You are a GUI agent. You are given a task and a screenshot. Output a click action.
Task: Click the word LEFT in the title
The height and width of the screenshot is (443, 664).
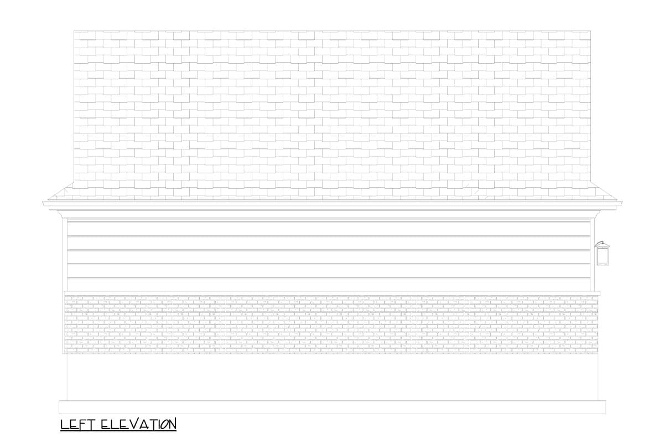(78, 424)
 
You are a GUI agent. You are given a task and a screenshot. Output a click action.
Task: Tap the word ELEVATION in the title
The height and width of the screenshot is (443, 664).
(139, 424)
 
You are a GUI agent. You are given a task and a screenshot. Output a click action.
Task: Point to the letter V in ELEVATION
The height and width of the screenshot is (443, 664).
(135, 424)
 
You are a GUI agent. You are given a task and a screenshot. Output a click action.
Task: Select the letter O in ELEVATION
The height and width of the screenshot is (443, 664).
(164, 424)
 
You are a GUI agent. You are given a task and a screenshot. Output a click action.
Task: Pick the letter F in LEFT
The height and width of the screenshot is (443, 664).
(82, 424)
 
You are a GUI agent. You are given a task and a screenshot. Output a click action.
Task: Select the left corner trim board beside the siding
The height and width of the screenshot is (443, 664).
(65, 255)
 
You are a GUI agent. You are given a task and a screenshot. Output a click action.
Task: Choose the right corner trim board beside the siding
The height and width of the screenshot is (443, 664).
(593, 255)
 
